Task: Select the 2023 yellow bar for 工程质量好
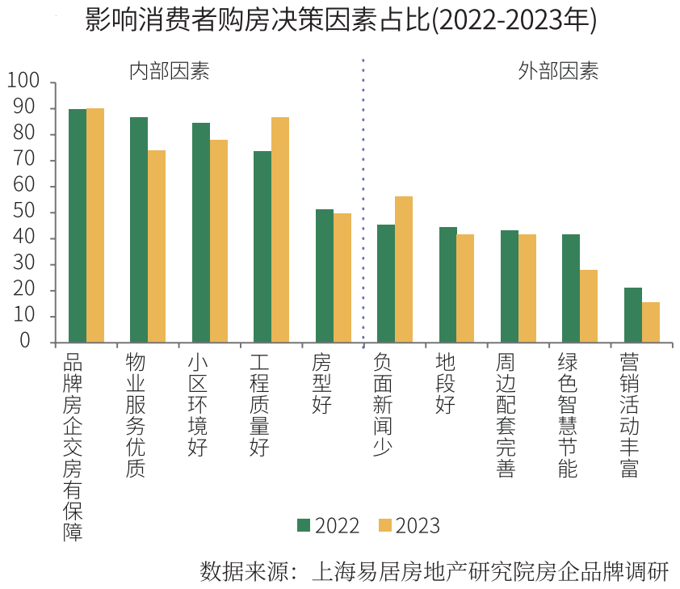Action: (280, 229)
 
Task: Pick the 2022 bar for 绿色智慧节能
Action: (571, 288)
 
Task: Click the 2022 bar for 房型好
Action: (325, 276)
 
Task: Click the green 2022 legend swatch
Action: (304, 525)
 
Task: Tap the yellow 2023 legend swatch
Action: (384, 525)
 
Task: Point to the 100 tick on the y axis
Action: (23, 82)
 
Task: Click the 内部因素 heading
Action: (170, 71)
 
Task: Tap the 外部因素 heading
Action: (558, 71)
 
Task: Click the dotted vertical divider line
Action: (363, 202)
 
